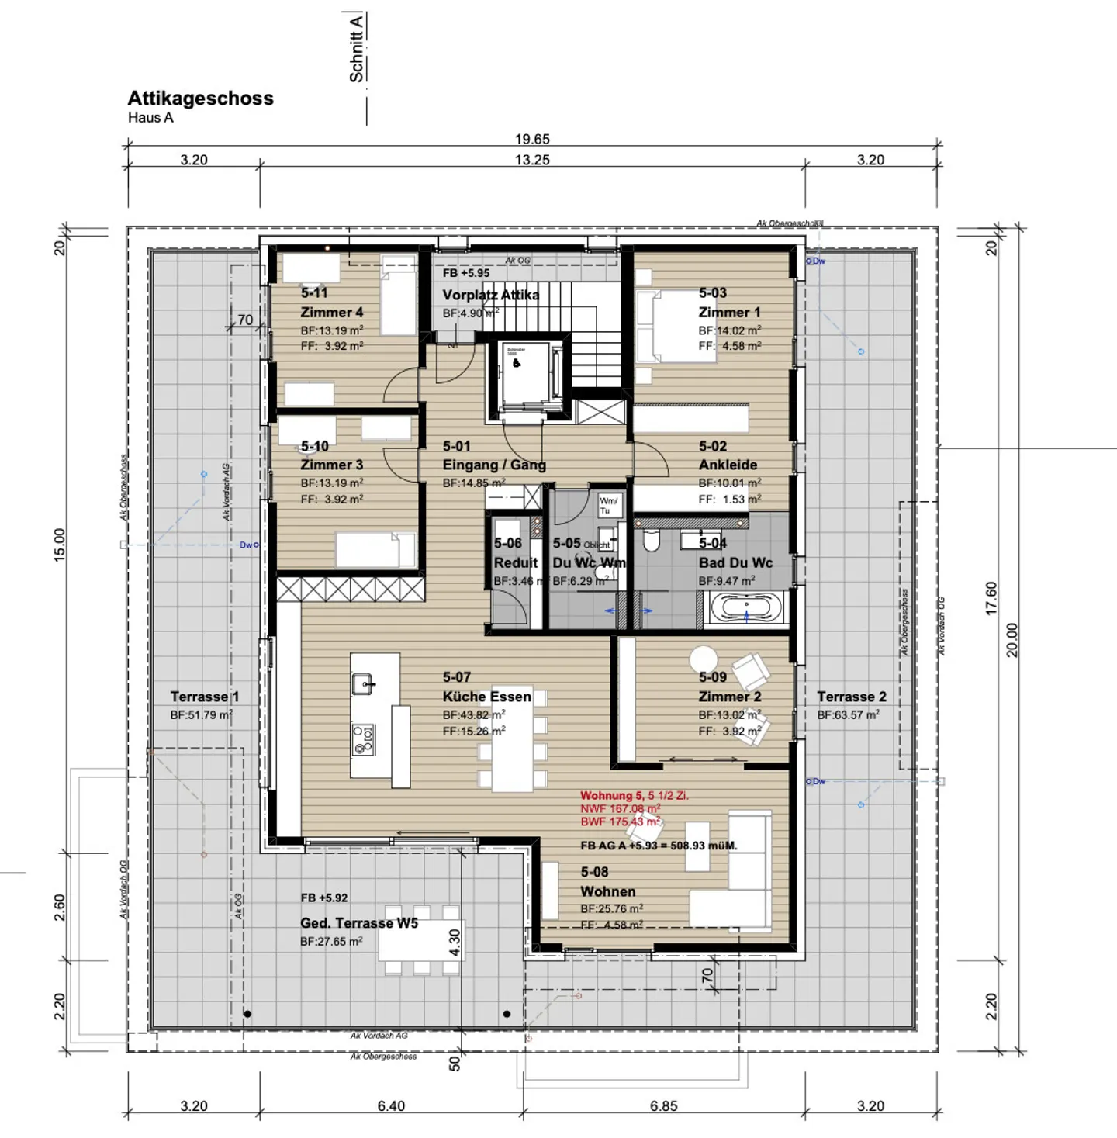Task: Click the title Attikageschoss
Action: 200,99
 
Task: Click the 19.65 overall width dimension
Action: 532,140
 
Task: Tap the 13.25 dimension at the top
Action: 532,160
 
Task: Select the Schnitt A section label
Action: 356,48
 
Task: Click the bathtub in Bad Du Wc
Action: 745,607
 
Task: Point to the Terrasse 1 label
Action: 205,697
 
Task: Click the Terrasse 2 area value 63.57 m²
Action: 848,715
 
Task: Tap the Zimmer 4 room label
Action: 331,312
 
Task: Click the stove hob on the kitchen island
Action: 363,738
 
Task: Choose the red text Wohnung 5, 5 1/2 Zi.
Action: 634,796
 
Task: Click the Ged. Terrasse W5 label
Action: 358,923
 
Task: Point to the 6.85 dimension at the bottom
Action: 663,1106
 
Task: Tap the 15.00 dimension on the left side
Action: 60,545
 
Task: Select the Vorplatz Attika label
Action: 490,295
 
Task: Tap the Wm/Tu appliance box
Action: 608,506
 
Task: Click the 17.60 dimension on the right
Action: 991,599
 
